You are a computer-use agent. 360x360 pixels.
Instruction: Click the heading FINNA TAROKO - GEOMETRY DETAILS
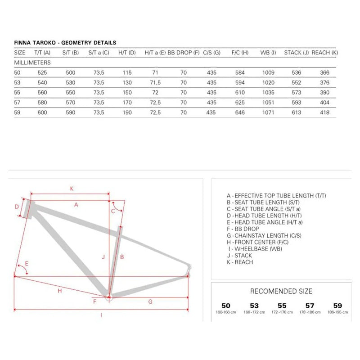click(65, 43)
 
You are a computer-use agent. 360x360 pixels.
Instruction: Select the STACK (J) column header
click(296, 53)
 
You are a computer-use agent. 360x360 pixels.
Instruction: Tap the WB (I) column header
click(268, 53)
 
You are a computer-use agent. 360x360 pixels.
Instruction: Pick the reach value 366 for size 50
click(324, 72)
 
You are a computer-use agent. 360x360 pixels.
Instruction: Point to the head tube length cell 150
click(127, 92)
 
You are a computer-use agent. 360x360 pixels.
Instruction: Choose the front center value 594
click(240, 82)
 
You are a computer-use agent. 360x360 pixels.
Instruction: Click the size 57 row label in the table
click(18, 102)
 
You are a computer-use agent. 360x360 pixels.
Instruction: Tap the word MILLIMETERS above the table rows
click(32, 63)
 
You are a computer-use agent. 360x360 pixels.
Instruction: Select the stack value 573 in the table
click(296, 92)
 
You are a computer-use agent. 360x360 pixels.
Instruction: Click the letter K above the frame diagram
click(72, 189)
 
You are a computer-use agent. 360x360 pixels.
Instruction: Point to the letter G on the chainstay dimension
click(150, 302)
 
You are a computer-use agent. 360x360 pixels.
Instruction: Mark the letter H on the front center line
click(59, 291)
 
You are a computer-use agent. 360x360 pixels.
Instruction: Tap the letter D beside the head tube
click(16, 207)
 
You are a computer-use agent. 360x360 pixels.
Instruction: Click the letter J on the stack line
click(103, 257)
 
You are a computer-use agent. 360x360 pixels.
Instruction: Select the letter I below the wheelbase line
click(101, 315)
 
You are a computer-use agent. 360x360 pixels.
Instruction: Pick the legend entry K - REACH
click(240, 262)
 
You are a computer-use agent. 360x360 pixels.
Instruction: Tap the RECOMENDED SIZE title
click(281, 292)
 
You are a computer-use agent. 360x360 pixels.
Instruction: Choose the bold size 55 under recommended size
click(282, 306)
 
